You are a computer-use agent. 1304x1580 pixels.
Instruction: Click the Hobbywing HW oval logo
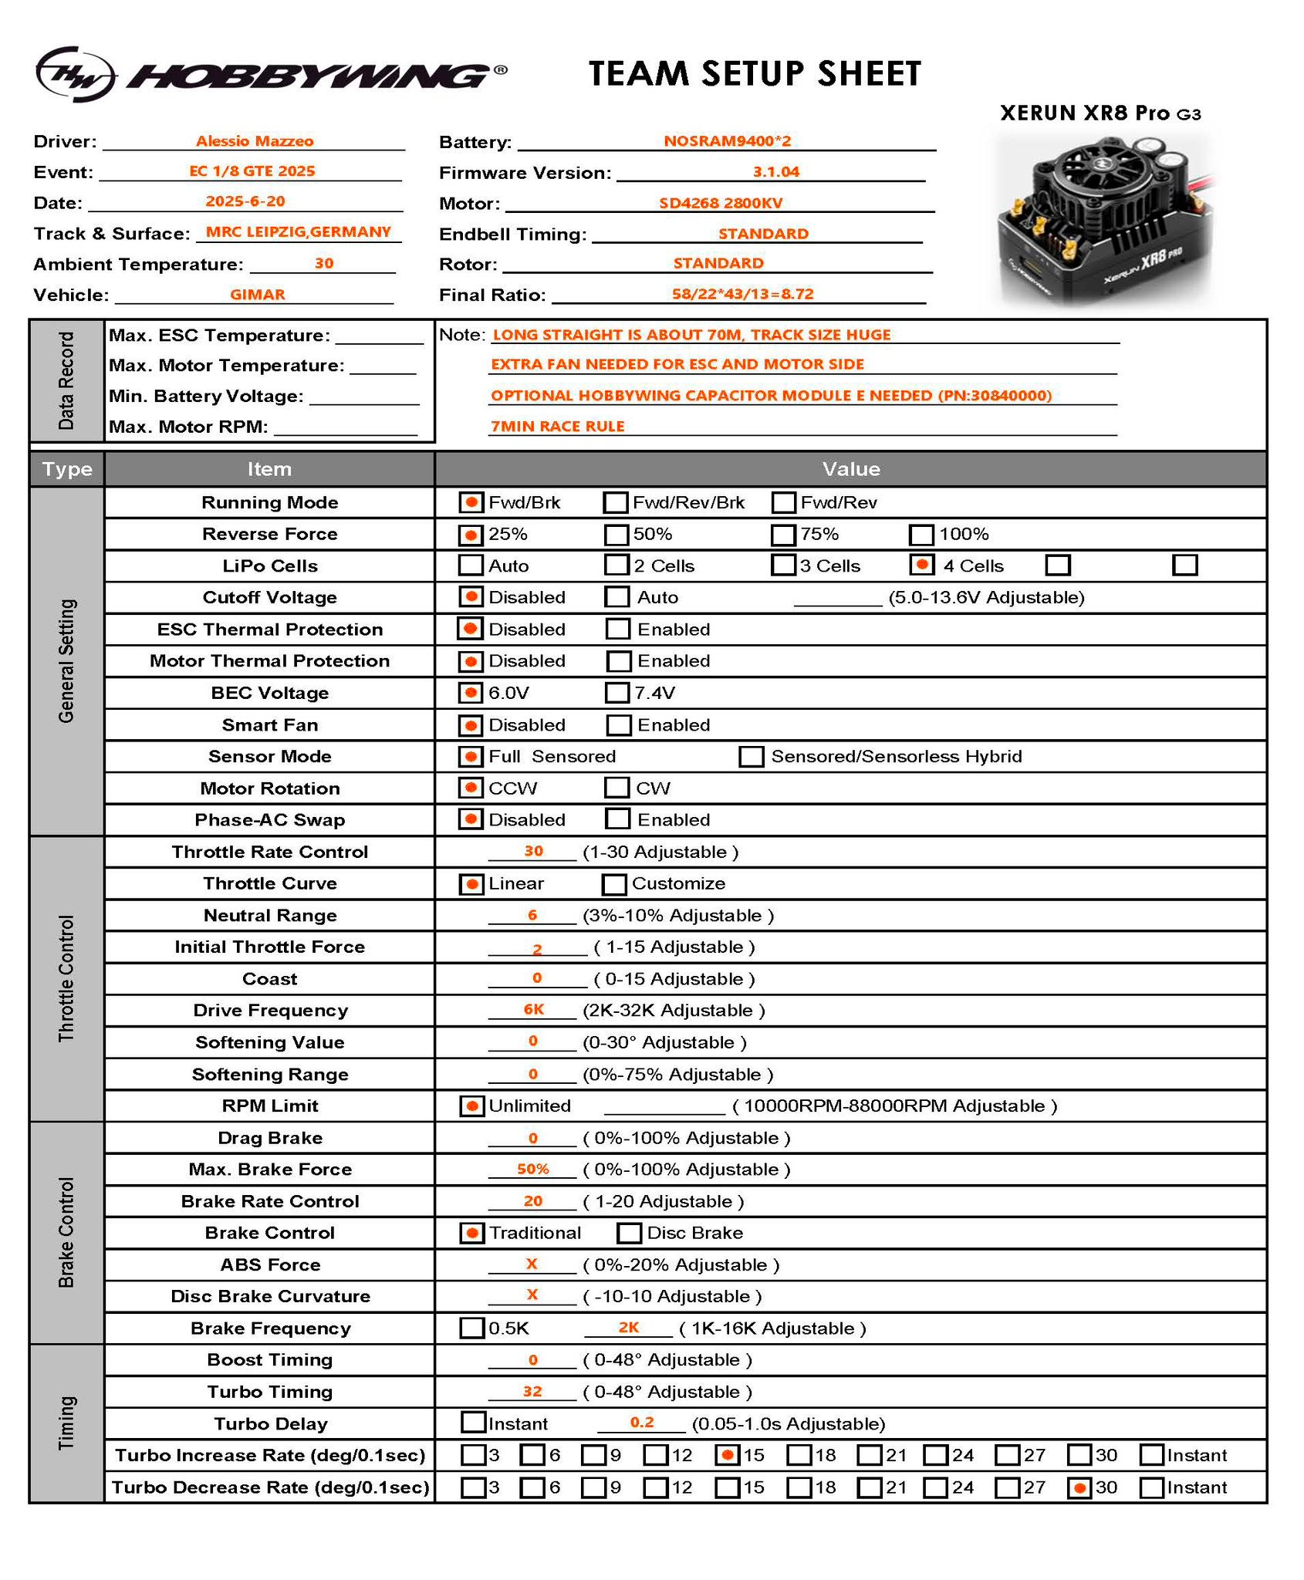coord(76,73)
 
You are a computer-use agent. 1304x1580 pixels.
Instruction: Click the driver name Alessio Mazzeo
coord(255,141)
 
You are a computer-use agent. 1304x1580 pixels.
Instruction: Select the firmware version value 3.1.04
coord(775,172)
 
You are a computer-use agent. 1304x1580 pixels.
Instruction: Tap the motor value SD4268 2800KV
coord(721,203)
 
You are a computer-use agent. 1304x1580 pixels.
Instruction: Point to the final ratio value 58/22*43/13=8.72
coord(742,294)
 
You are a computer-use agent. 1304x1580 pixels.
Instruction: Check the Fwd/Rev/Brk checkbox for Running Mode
coord(616,503)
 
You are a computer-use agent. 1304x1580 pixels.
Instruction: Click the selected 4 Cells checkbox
coord(922,565)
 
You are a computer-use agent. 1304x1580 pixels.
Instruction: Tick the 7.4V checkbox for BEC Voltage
coord(617,693)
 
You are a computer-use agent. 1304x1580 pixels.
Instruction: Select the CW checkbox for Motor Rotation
coord(617,788)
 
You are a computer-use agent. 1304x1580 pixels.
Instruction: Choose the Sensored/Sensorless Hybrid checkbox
coord(751,756)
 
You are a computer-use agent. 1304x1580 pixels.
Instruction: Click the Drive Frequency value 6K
coord(534,1009)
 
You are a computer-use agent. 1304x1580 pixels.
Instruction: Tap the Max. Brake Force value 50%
coord(532,1169)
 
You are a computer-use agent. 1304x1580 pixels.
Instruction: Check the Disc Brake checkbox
coord(629,1233)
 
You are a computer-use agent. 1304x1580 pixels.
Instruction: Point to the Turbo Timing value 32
coord(532,1391)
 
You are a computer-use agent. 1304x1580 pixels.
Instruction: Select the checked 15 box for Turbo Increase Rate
coord(727,1455)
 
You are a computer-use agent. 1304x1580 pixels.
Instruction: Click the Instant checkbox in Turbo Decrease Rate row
coord(1151,1487)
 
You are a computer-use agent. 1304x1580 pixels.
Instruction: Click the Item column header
coord(269,469)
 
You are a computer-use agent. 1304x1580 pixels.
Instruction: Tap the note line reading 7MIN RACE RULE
coord(558,426)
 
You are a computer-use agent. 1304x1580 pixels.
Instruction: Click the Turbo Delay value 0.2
coord(642,1422)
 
